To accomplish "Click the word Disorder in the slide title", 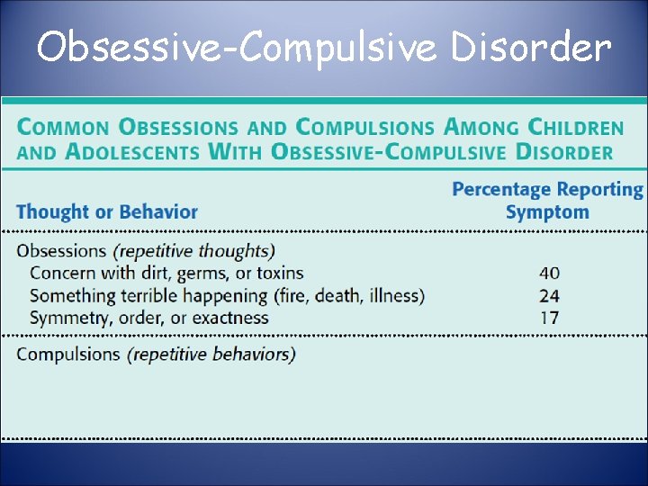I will (x=530, y=47).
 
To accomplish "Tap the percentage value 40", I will (x=549, y=273).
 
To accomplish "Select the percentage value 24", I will (x=549, y=295).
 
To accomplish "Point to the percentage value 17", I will (x=549, y=318).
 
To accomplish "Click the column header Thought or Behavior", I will (x=106, y=212).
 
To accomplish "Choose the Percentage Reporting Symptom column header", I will (x=547, y=201).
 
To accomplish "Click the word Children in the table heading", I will (x=575, y=128).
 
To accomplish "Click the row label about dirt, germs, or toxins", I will (x=166, y=273).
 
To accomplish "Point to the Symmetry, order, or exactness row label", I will (x=148, y=318).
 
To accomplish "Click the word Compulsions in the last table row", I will (x=68, y=354).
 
